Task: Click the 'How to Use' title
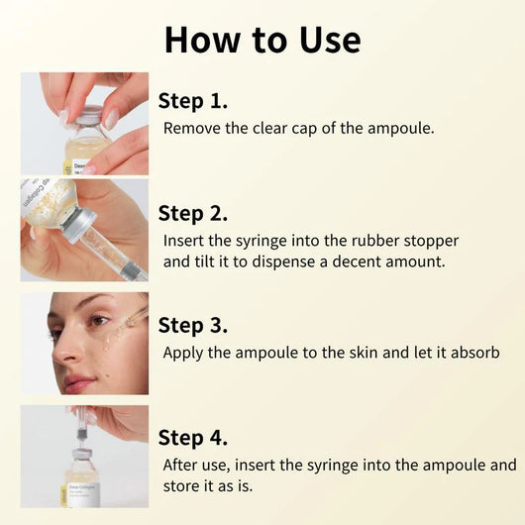(x=262, y=39)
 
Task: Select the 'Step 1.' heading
(x=193, y=100)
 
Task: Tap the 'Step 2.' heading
(x=193, y=213)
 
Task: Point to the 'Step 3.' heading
(x=193, y=325)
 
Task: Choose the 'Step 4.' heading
(x=193, y=437)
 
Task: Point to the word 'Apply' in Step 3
(x=184, y=353)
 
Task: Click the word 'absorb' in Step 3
(x=472, y=353)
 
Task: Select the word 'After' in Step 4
(x=183, y=465)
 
